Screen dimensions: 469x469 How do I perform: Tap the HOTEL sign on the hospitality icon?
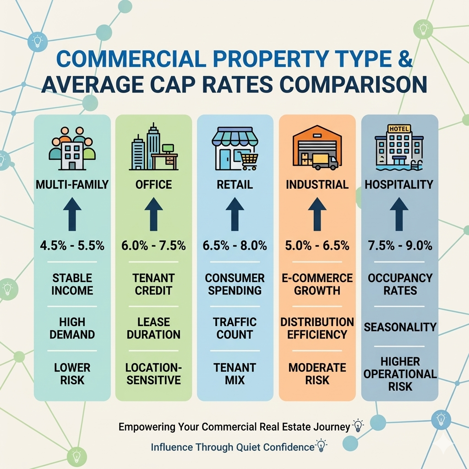pos(399,129)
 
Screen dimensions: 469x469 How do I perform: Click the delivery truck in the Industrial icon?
pos(325,162)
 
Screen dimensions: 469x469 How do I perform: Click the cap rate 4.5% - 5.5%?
pos(72,246)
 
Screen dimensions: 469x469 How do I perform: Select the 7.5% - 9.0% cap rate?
pos(400,246)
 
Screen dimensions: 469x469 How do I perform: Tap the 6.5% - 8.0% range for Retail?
pos(235,246)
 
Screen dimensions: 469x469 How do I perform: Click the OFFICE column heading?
pos(153,185)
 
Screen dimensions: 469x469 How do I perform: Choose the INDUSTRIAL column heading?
pos(317,185)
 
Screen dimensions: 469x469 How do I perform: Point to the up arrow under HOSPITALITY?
pos(399,214)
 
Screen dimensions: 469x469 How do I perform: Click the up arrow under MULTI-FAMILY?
pos(72,214)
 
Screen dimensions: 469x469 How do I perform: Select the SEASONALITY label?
pos(400,327)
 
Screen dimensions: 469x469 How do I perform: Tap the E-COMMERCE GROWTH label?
pos(317,284)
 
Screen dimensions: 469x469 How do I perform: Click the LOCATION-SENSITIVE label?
pos(153,374)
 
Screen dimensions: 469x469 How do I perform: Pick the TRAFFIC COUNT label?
pos(235,328)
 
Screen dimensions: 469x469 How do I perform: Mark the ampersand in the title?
pos(405,59)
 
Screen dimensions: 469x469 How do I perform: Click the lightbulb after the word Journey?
pos(358,425)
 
